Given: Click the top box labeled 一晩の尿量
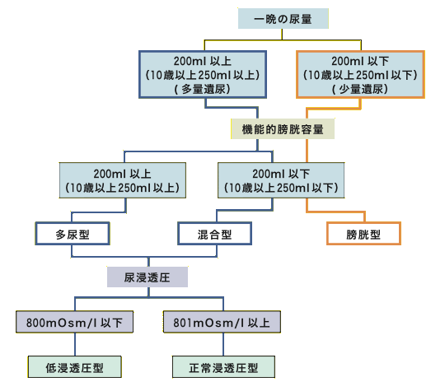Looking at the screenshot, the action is click(283, 19).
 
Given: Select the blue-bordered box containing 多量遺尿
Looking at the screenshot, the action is click(203, 75).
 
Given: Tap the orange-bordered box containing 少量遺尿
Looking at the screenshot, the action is click(360, 75).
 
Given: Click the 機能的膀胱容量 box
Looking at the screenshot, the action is click(283, 129).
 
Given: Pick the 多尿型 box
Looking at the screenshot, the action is click(73, 234).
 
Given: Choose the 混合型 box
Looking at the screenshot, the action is click(214, 234).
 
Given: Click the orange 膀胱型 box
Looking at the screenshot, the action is click(363, 234).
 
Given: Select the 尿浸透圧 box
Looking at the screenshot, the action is click(148, 277).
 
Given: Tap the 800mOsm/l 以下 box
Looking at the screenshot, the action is click(74, 322).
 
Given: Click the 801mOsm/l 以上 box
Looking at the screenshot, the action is click(222, 322).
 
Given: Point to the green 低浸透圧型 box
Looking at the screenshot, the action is click(75, 367).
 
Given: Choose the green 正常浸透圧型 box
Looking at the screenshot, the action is click(223, 367).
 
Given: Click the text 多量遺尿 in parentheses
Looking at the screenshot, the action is click(204, 89).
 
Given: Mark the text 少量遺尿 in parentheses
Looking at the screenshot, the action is click(361, 89).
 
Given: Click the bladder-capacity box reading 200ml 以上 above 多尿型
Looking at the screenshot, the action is click(123, 180).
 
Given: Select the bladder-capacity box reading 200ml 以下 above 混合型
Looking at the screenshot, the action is click(281, 180).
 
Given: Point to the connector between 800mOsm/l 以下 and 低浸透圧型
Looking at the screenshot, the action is click(75, 345).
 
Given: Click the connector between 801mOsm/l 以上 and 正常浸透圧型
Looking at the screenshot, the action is click(223, 345).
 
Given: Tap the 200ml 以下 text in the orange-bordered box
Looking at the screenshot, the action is click(360, 61).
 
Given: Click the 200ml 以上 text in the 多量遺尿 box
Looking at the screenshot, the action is click(203, 61).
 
